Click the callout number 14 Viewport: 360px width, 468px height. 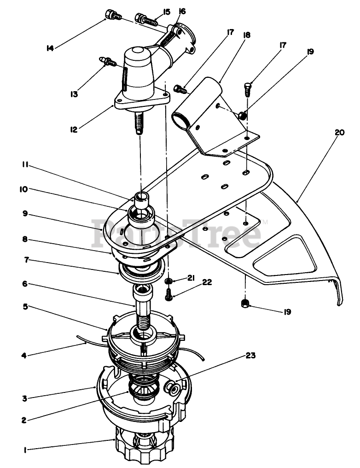click(50, 47)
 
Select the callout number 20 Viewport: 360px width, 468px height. click(339, 133)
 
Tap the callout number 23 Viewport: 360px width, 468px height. click(250, 356)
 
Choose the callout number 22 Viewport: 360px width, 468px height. click(207, 282)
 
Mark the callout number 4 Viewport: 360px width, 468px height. click(24, 356)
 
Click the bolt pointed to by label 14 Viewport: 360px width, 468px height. click(112, 14)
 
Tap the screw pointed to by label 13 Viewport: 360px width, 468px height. click(108, 61)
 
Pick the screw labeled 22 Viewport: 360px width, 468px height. click(169, 294)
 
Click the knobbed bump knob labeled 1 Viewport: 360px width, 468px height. click(144, 445)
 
